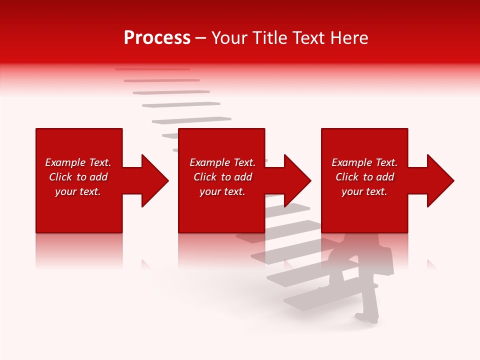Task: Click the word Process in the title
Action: click(157, 38)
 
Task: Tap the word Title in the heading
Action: click(270, 38)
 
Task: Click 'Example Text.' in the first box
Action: click(78, 162)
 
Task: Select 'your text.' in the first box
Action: click(78, 191)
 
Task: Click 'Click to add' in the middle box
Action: click(222, 177)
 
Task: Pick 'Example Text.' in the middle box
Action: click(222, 162)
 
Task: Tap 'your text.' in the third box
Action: click(364, 191)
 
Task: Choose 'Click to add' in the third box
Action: click(364, 177)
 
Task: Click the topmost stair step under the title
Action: click(152, 69)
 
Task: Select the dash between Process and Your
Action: click(200, 38)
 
